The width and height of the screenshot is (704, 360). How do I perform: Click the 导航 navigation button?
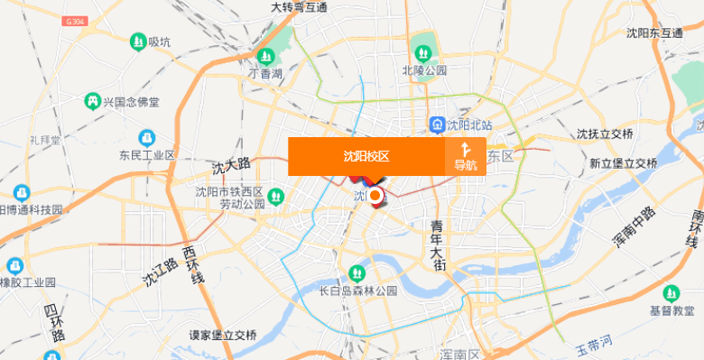(x=466, y=156)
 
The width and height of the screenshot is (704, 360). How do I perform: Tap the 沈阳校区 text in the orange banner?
(x=366, y=156)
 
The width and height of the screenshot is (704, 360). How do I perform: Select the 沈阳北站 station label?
(x=468, y=124)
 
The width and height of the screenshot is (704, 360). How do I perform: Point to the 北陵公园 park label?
(x=424, y=69)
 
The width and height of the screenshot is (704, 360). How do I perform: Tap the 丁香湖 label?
(x=266, y=73)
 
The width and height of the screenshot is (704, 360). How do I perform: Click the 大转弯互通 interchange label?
(x=299, y=8)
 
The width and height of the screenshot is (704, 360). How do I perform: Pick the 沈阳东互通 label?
(x=654, y=33)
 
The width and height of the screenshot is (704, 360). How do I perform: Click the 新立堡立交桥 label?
(x=623, y=163)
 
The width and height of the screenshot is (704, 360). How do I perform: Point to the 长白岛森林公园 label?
(x=358, y=291)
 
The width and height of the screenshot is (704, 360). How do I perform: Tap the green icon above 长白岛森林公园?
(x=357, y=272)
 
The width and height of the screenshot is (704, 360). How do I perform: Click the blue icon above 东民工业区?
(x=145, y=137)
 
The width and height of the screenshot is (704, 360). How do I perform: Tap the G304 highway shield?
(x=77, y=20)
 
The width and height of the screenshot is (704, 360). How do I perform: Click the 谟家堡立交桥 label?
(x=223, y=336)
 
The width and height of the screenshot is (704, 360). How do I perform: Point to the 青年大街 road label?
(x=438, y=244)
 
